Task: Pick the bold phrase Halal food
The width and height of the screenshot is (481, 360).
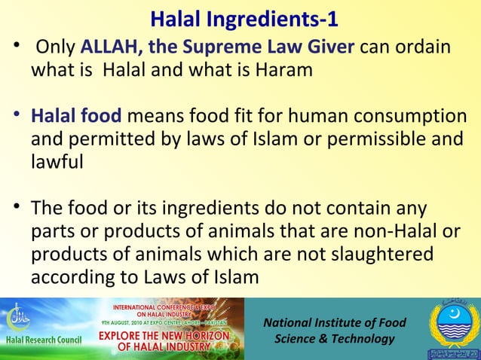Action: [x=75, y=117]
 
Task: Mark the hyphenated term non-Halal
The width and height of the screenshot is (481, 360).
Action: [x=415, y=232]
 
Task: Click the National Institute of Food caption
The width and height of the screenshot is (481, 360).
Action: [x=334, y=324]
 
